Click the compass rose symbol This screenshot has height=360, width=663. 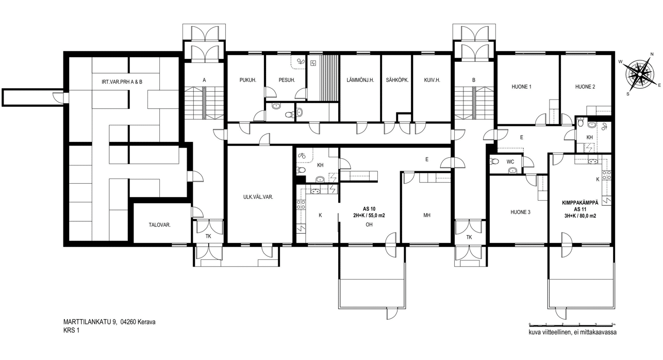pyautogui.click(x=639, y=74)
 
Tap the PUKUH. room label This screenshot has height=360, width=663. pyautogui.click(x=248, y=80)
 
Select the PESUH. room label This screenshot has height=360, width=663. pyautogui.click(x=287, y=80)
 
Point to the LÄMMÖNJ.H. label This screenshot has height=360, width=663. pyautogui.click(x=360, y=80)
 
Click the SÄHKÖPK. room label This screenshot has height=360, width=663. pyautogui.click(x=397, y=80)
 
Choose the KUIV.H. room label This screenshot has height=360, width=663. pyautogui.click(x=432, y=80)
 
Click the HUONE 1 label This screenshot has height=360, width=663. pyautogui.click(x=522, y=87)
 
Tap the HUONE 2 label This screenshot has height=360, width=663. pyautogui.click(x=585, y=87)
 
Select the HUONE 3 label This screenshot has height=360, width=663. pyautogui.click(x=520, y=212)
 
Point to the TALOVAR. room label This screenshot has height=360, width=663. pyautogui.click(x=159, y=225)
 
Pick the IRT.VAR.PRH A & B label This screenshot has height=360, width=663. pyautogui.click(x=122, y=81)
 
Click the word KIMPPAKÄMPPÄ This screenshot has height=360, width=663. pyautogui.click(x=580, y=203)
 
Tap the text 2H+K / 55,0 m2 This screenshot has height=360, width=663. pyautogui.click(x=369, y=216)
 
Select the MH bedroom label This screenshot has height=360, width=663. pyautogui.click(x=426, y=216)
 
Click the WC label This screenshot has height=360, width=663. pyautogui.click(x=510, y=162)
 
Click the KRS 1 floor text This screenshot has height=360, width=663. pyautogui.click(x=71, y=331)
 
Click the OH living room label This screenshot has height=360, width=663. pyautogui.click(x=369, y=225)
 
